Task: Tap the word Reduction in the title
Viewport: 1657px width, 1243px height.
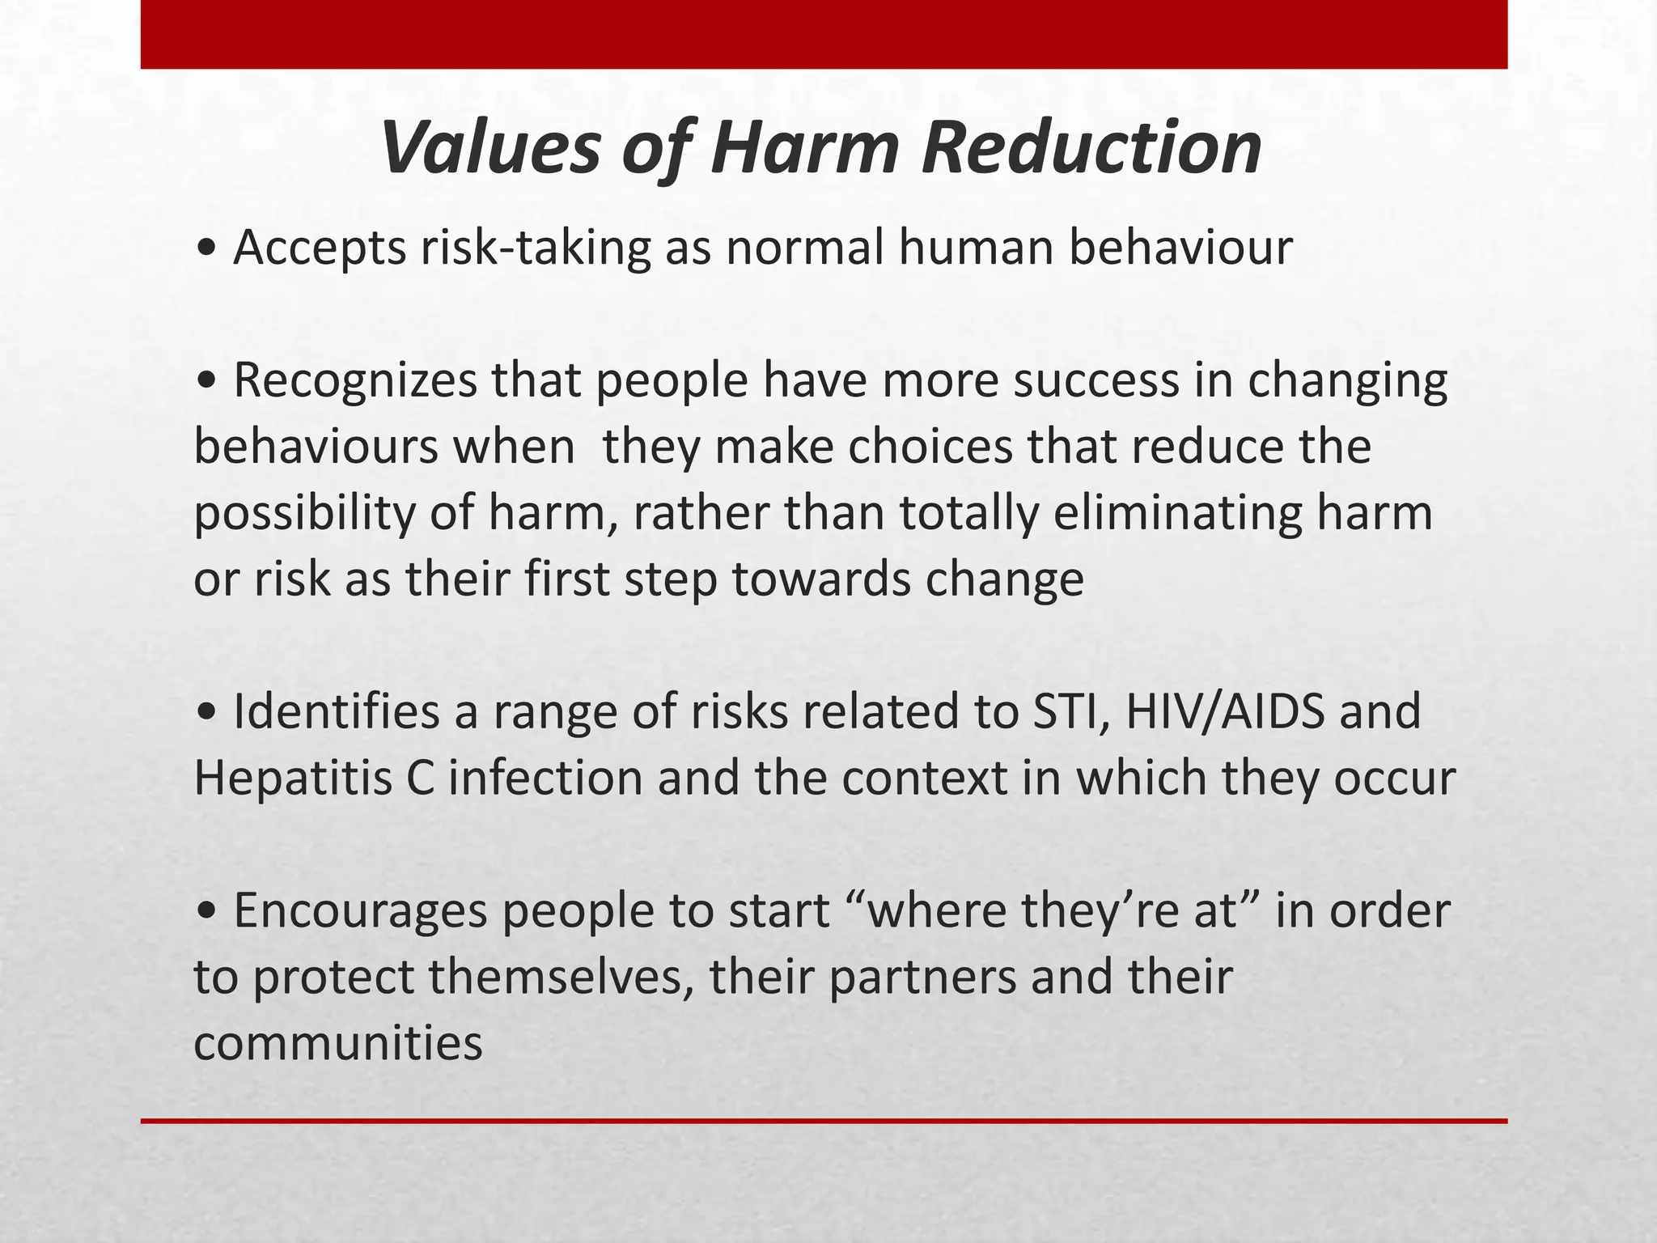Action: point(1091,148)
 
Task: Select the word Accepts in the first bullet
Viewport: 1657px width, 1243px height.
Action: point(320,248)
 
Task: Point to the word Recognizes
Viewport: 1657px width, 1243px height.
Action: point(355,380)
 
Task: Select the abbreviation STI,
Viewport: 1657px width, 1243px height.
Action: point(1061,711)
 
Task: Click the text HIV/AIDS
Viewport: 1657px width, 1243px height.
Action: point(1225,711)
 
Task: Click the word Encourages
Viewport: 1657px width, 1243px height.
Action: point(361,910)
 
